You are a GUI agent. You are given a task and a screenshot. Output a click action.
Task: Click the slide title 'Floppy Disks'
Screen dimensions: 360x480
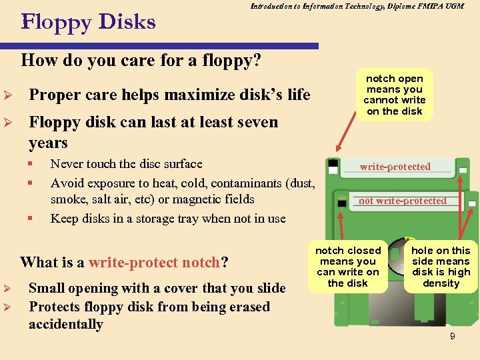89,23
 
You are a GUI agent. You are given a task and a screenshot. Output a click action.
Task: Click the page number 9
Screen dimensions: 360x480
453,336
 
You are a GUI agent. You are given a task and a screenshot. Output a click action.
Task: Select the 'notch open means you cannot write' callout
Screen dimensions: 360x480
395,95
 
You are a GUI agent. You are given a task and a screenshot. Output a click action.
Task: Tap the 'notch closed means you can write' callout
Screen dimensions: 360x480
348,267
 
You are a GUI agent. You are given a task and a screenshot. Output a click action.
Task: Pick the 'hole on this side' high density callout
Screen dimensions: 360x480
441,267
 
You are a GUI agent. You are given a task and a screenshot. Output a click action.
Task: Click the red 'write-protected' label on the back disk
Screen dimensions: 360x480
395,167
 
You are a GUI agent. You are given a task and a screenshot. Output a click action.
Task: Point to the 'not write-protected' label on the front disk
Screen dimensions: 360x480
403,201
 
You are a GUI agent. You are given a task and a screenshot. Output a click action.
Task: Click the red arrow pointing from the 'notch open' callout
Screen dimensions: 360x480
349,137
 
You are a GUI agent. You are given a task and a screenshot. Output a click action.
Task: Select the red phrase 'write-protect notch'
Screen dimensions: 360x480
154,262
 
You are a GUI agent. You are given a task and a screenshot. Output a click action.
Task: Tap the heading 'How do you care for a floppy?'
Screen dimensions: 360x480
141,61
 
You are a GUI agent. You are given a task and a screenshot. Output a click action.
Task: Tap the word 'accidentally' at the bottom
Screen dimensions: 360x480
65,325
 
